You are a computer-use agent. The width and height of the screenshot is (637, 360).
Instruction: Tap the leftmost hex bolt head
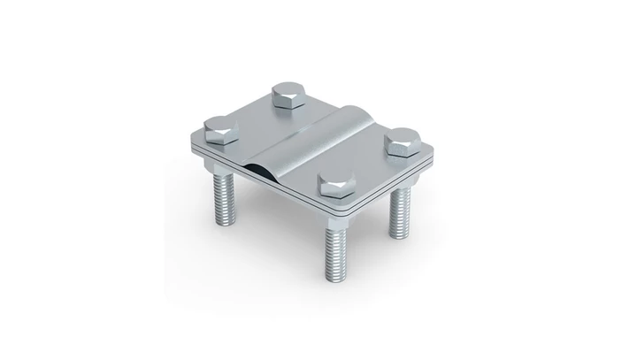click(219, 132)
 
